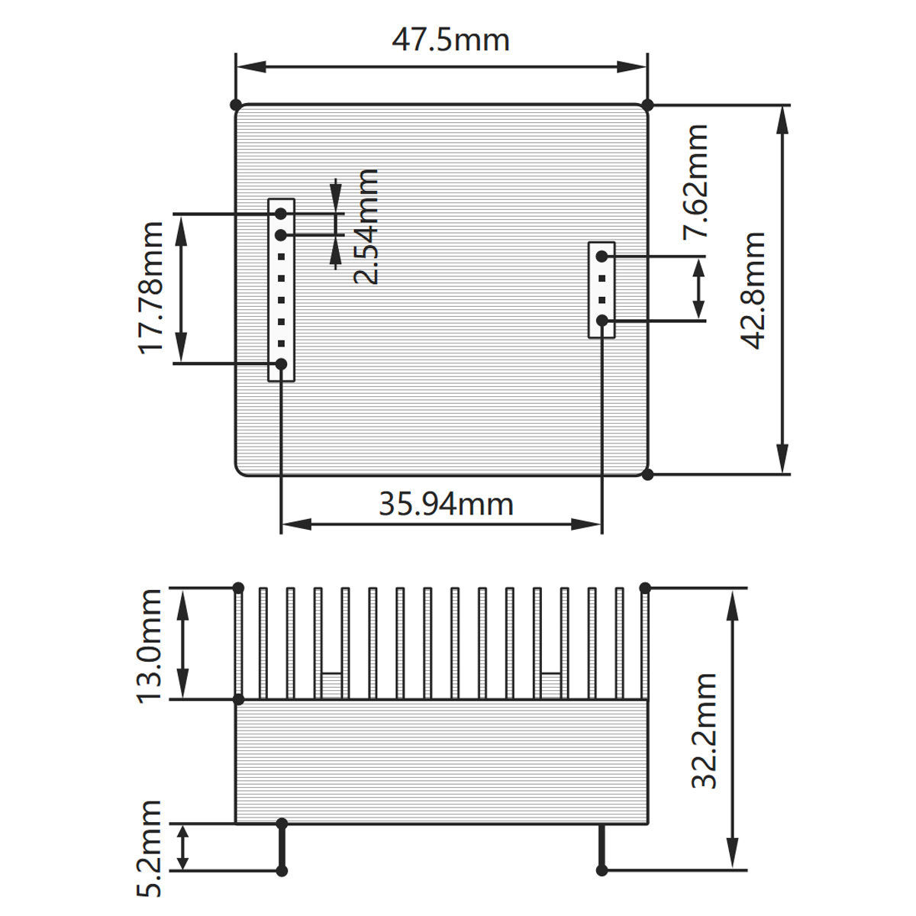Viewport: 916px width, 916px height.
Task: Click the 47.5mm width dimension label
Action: [x=450, y=40]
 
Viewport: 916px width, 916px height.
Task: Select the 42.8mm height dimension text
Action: [x=754, y=290]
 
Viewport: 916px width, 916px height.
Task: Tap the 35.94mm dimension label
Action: [x=446, y=504]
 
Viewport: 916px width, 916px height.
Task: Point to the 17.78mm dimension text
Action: [x=152, y=288]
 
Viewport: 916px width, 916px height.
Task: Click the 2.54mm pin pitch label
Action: [x=367, y=227]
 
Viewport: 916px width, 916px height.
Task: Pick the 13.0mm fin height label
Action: [x=150, y=645]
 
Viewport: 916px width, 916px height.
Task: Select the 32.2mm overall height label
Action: [x=704, y=731]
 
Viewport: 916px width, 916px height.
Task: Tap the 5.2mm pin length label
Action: [x=150, y=848]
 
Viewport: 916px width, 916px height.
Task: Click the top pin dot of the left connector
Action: [x=281, y=214]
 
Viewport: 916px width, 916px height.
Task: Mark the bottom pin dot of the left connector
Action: [x=281, y=364]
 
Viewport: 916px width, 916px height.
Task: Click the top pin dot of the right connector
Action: [x=602, y=256]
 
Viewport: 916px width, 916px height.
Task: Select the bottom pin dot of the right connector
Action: [x=602, y=321]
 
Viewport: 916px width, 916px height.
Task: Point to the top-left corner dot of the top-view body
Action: [x=236, y=105]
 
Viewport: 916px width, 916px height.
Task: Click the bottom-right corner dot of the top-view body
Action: [x=647, y=474]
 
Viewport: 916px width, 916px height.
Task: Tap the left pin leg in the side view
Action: [x=282, y=847]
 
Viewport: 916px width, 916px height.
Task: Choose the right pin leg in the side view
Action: [x=602, y=847]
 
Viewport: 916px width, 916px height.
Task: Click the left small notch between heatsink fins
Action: [x=331, y=685]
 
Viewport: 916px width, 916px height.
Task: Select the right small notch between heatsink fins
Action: [x=550, y=685]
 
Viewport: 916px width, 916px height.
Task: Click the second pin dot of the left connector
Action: [x=281, y=234]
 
